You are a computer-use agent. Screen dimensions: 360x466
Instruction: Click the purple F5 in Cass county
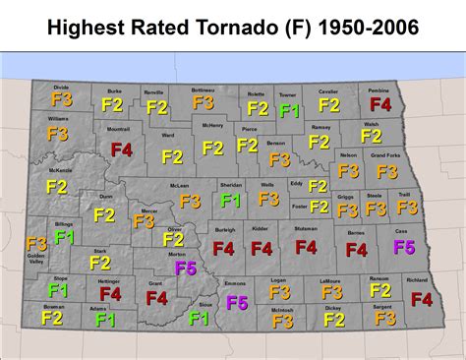[404, 247]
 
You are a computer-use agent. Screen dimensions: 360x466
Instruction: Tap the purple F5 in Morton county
[185, 268]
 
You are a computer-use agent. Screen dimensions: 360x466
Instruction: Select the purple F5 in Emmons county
[237, 303]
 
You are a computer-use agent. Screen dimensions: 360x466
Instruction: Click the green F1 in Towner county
[288, 110]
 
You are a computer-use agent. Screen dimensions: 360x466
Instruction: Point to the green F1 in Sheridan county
[231, 200]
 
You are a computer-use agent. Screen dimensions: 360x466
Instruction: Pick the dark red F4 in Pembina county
[380, 103]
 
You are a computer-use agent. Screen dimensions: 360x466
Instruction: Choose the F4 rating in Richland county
[421, 298]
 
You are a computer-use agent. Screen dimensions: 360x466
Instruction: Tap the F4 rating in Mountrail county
[122, 150]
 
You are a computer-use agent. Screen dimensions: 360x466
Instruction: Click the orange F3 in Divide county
[61, 99]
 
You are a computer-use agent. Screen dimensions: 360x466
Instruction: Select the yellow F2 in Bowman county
[52, 318]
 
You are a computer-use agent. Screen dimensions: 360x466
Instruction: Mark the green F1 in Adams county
[105, 320]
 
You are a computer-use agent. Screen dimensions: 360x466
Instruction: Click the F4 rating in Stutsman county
[306, 247]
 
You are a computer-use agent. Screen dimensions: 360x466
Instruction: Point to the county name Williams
[57, 119]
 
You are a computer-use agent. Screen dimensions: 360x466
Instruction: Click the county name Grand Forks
[384, 154]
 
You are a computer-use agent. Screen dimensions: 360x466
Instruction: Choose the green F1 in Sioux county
[199, 318]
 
